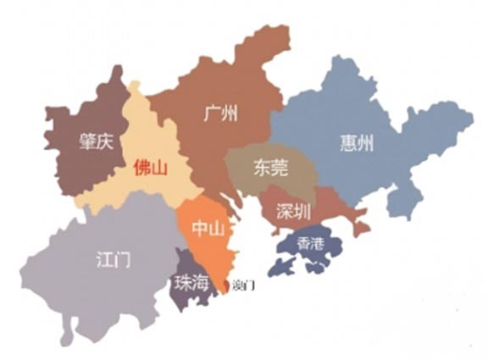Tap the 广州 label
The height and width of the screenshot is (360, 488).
[x=222, y=114]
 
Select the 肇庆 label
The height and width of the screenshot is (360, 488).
[x=96, y=141]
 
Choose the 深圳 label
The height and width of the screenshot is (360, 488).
[x=293, y=213]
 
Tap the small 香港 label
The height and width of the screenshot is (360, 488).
[x=311, y=242]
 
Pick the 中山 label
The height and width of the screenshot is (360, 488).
[x=206, y=230]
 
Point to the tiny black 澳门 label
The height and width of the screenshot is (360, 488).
[x=242, y=286]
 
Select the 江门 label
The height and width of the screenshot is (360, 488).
[x=113, y=259]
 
